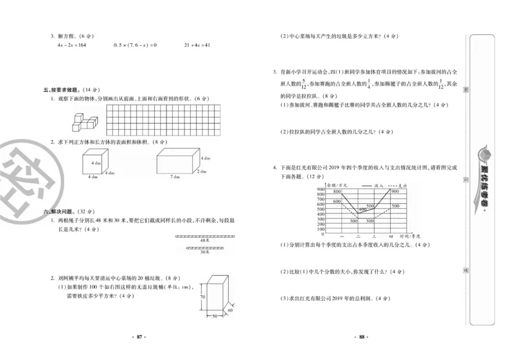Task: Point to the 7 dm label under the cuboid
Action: click(x=175, y=177)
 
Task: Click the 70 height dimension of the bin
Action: click(x=201, y=298)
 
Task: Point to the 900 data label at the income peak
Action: click(x=394, y=192)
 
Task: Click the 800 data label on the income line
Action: click(x=337, y=192)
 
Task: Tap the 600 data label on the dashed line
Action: click(x=337, y=201)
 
